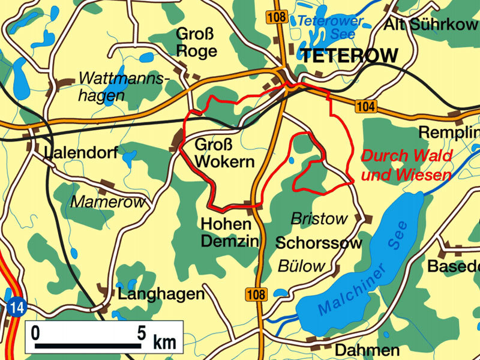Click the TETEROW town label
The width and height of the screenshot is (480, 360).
(349, 56)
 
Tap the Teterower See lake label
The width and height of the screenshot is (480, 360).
(327, 27)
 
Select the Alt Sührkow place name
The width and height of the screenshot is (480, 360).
(431, 25)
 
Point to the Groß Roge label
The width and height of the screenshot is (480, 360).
(196, 43)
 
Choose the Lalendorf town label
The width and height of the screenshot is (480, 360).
(81, 154)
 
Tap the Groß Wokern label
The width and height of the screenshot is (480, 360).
(224, 153)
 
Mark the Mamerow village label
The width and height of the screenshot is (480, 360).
(108, 202)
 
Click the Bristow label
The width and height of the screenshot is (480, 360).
(319, 220)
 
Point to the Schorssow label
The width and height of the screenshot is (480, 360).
(319, 243)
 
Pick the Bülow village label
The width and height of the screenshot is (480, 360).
(301, 266)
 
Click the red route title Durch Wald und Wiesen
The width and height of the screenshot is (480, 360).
(406, 166)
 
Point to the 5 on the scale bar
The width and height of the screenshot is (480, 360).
(141, 332)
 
